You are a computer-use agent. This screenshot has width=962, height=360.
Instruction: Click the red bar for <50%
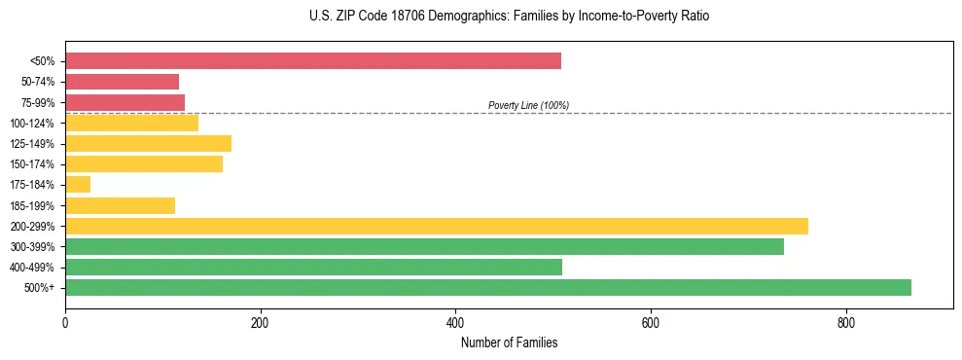coord(312,61)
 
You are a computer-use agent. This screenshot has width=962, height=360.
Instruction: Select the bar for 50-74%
coord(122,82)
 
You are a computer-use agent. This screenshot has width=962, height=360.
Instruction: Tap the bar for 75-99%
coord(125,102)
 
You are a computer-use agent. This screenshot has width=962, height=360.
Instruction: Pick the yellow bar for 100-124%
coord(131,123)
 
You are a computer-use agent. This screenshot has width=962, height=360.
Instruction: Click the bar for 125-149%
coord(148,144)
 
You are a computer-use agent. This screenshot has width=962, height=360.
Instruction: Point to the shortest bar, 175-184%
coord(78,185)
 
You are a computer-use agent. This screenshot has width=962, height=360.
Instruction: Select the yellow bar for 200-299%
coord(436,226)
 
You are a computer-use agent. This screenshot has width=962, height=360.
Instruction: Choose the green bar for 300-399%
coord(424,247)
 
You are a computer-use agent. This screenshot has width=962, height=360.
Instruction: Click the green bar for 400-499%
coord(313,268)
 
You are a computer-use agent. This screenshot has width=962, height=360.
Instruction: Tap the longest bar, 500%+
coord(487,288)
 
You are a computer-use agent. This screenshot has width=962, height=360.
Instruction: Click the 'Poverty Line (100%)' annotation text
coord(528,105)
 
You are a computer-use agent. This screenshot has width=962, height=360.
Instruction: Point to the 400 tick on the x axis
coord(455,308)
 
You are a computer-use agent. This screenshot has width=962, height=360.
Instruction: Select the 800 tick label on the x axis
coord(845,322)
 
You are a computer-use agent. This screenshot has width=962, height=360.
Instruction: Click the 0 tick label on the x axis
coord(65,322)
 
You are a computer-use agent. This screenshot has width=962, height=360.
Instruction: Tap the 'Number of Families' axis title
coord(509,342)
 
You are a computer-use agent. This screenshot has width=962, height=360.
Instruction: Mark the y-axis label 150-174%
coord(32,164)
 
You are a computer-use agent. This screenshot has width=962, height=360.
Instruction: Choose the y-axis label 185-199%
coord(32,205)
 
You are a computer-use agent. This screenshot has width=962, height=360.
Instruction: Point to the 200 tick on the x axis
coord(260,308)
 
